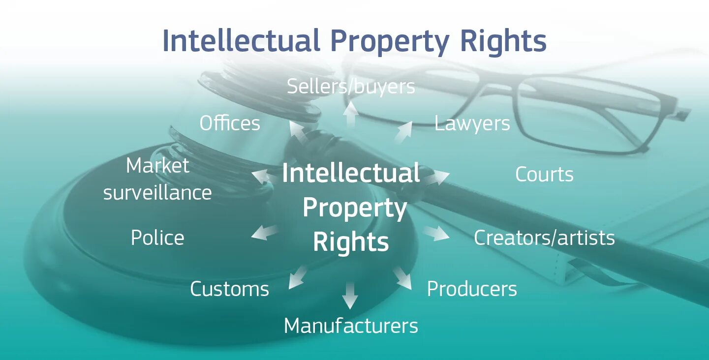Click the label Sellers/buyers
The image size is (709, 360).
(x=351, y=87)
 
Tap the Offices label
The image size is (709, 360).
(x=230, y=123)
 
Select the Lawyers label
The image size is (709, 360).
(x=472, y=123)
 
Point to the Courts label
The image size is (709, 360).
(x=544, y=175)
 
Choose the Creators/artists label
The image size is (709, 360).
(x=544, y=238)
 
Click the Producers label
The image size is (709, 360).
(x=472, y=289)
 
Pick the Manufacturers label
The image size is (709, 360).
(x=351, y=326)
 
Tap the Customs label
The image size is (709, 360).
(x=230, y=289)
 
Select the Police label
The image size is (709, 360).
(x=157, y=238)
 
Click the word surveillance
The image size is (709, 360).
(x=157, y=193)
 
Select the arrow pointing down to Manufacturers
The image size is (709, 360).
(x=350, y=295)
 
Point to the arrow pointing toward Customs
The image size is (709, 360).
(x=297, y=277)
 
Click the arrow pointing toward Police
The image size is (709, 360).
(x=265, y=232)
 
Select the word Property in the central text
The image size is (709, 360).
(x=355, y=209)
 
